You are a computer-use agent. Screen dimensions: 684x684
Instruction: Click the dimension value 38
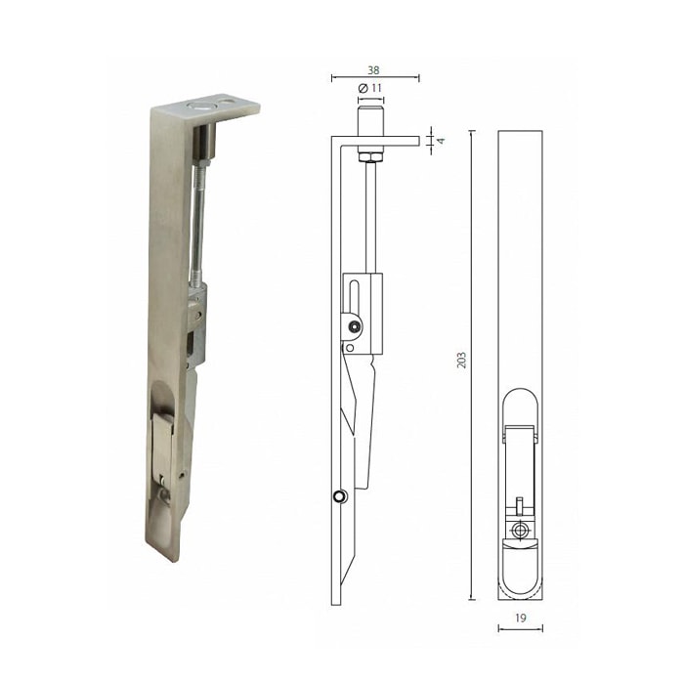pos(375,70)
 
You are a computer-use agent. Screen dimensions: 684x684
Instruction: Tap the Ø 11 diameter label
pos(370,89)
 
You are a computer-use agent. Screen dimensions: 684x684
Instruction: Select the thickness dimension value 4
pos(442,141)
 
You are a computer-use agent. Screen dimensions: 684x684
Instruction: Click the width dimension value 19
pos(520,619)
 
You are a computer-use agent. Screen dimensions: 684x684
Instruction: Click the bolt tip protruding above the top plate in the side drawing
pos(370,121)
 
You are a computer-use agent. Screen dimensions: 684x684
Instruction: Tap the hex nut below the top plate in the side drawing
pos(370,156)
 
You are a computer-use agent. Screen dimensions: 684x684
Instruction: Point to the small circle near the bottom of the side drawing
pos(338,496)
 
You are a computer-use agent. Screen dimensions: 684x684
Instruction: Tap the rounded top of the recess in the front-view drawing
pos(520,401)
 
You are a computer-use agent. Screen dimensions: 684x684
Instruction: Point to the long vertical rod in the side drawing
pos(370,215)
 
